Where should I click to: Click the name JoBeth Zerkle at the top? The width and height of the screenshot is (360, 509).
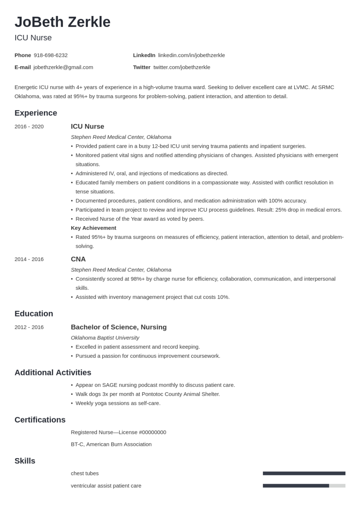pos(62,22)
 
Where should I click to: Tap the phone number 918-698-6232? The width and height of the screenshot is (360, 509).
pos(50,55)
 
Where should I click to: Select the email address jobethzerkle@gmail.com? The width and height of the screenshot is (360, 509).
pos(63,67)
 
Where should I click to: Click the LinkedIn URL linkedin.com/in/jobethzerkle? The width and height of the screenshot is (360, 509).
pos(191,55)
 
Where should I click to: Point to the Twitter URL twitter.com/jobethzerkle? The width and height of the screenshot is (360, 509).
pos(182,67)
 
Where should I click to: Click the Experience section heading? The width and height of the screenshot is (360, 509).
pos(36,113)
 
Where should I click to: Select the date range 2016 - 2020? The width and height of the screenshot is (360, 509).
pos(29,126)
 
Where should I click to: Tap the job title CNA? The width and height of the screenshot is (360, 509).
pos(78,259)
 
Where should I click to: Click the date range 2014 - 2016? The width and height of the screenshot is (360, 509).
pos(29,259)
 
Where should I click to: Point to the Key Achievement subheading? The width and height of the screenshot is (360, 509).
pos(93,228)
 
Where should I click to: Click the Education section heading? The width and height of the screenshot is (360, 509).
pos(34,313)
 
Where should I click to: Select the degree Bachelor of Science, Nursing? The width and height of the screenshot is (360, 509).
pos(119,327)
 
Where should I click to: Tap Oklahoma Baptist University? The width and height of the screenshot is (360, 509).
pos(105,338)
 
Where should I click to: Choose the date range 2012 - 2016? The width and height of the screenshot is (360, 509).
pos(29,327)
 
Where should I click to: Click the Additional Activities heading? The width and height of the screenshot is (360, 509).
pos(53,372)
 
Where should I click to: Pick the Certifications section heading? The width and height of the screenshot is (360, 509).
pos(40,420)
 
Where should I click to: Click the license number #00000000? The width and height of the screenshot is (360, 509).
pos(152,432)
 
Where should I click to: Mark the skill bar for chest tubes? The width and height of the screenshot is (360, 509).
pos(304,473)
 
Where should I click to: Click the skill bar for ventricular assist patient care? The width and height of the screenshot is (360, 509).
pos(304,486)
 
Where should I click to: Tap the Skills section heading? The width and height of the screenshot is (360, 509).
pos(25,461)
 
